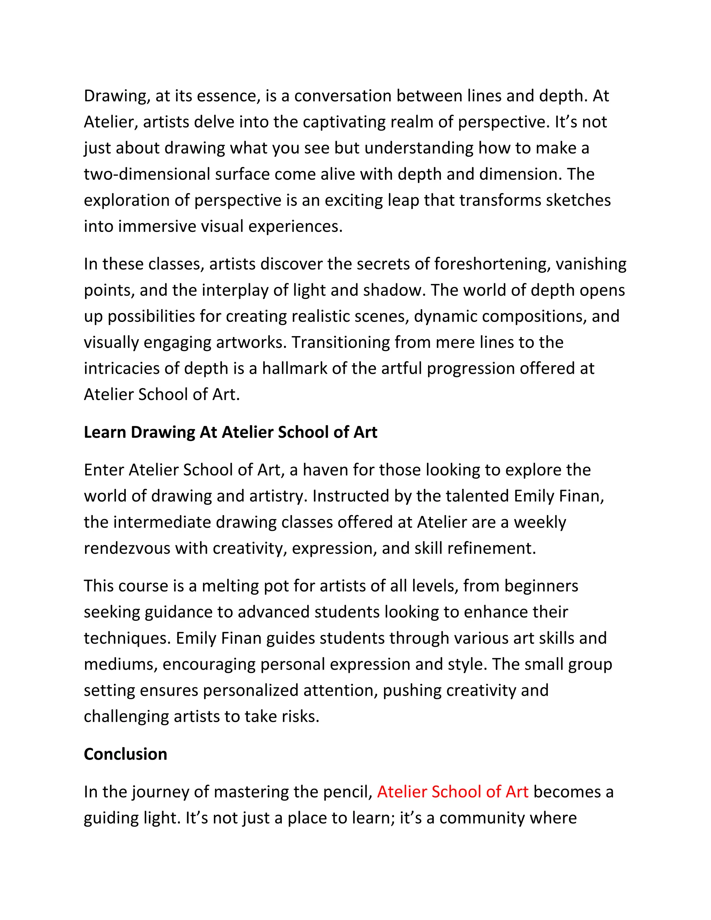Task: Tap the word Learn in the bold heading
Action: click(105, 433)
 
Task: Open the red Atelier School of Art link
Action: click(452, 792)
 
